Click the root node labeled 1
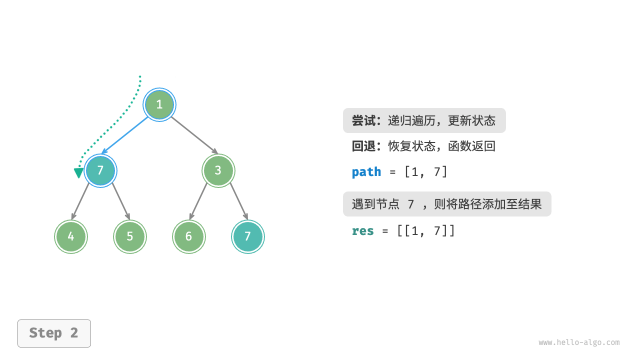pyautogui.click(x=159, y=104)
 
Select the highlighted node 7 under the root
pyautogui.click(x=100, y=170)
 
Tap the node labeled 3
pyautogui.click(x=218, y=170)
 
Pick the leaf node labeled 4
pyautogui.click(x=71, y=236)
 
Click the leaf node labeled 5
pyautogui.click(x=130, y=236)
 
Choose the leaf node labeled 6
pyautogui.click(x=188, y=236)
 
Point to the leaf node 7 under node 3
pyautogui.click(x=248, y=236)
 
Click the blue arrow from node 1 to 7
pyautogui.click(x=126, y=135)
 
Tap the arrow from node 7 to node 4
pyautogui.click(x=80, y=201)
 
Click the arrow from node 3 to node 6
pyautogui.click(x=198, y=201)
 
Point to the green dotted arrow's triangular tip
pyautogui.click(x=78, y=173)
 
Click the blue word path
pyautogui.click(x=366, y=172)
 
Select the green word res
pyautogui.click(x=363, y=231)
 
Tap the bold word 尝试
pyautogui.click(x=363, y=120)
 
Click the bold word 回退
pyautogui.click(x=363, y=146)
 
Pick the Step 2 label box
pyautogui.click(x=54, y=333)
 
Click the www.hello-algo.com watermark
pyautogui.click(x=579, y=342)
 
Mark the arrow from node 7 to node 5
pyautogui.click(x=121, y=201)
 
